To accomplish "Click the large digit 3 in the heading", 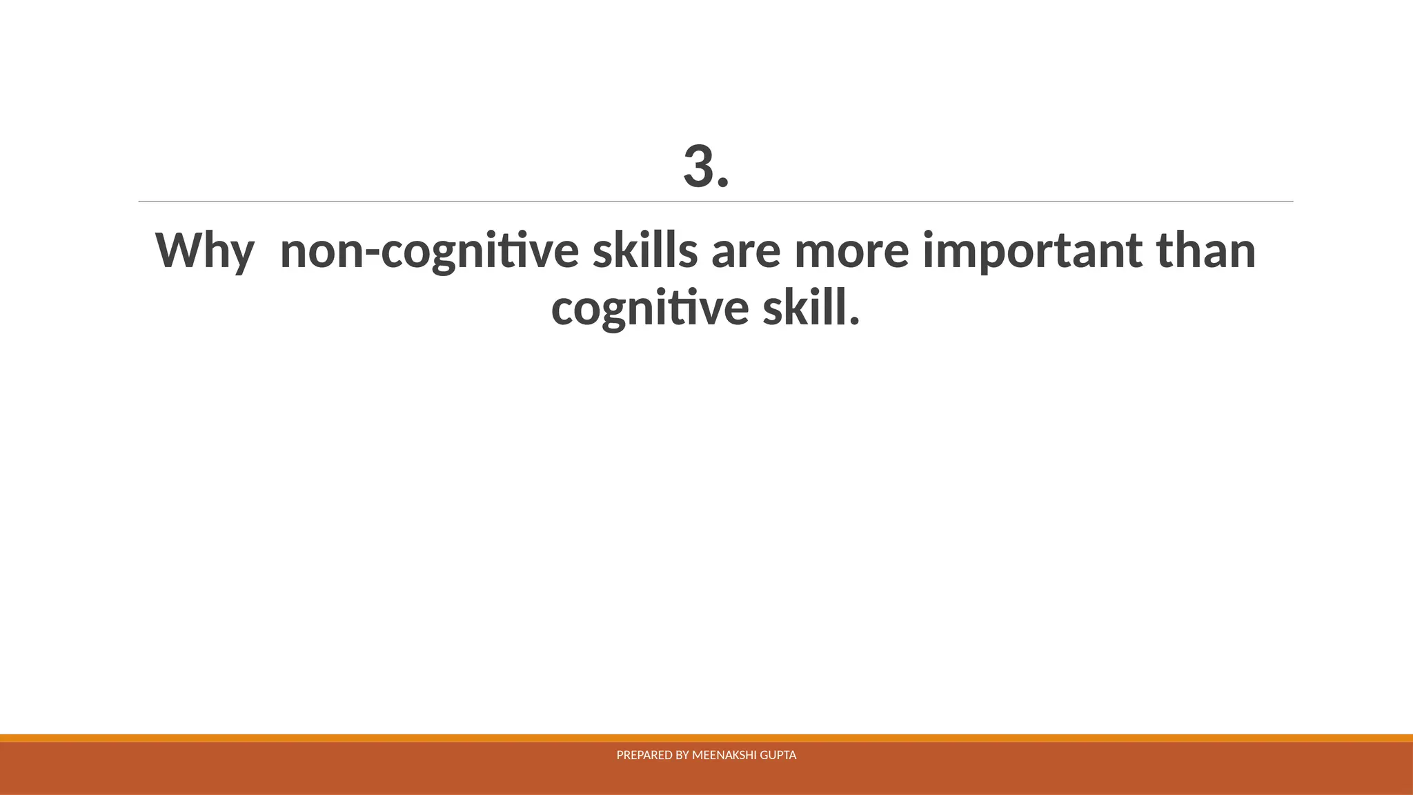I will click(x=698, y=166).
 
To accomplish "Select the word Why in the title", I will click(x=205, y=251).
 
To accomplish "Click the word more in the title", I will click(x=851, y=253).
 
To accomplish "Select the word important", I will click(x=1032, y=251).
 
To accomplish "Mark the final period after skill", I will click(x=855, y=322).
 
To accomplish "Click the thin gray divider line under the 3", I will click(x=715, y=202).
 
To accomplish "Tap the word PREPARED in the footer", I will click(x=644, y=756).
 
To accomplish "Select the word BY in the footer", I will click(x=682, y=756).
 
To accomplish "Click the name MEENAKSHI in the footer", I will click(x=724, y=756).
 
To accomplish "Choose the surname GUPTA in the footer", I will click(x=778, y=756).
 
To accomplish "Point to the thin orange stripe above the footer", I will click(x=706, y=738).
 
